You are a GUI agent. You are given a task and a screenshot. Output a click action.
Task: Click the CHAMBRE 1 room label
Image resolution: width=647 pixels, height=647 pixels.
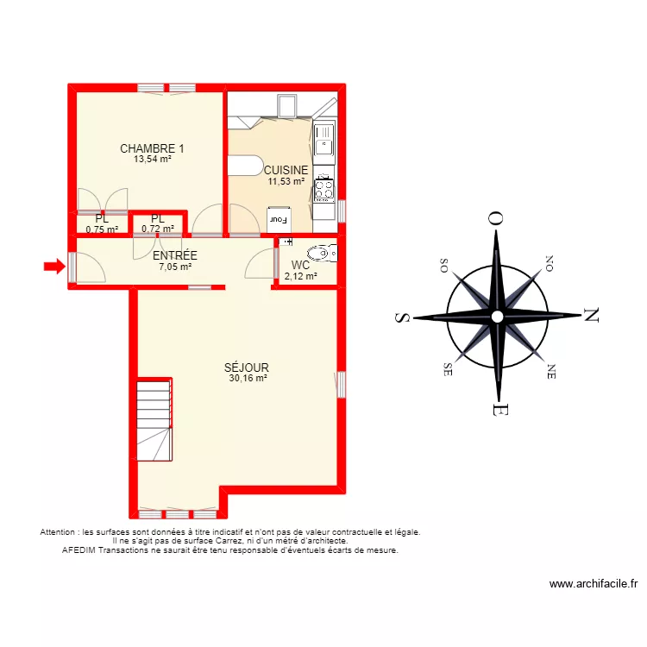[x=152, y=148]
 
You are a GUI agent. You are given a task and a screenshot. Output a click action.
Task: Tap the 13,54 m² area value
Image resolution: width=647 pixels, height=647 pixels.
[x=152, y=159]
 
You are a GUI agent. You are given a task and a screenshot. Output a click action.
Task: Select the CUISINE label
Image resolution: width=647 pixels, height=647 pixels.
[x=286, y=170]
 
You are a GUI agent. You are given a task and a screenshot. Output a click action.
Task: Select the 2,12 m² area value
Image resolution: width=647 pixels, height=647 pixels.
[x=300, y=276]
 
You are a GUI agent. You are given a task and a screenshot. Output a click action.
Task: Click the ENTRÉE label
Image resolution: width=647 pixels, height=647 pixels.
[x=175, y=256]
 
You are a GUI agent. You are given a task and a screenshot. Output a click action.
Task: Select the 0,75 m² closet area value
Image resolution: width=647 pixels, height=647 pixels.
[x=102, y=229]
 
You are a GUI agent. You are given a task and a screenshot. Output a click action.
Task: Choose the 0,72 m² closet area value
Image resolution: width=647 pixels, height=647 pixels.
[x=158, y=229]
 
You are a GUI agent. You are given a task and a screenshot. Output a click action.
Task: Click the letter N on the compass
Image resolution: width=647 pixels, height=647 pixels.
[x=591, y=316]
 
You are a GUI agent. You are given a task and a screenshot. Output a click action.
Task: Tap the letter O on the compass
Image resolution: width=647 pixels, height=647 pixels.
[x=496, y=219]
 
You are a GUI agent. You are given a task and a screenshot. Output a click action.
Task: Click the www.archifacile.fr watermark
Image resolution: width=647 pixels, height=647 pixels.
[x=594, y=584]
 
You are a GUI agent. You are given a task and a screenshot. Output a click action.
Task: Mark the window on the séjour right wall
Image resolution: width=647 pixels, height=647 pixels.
[x=342, y=384]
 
